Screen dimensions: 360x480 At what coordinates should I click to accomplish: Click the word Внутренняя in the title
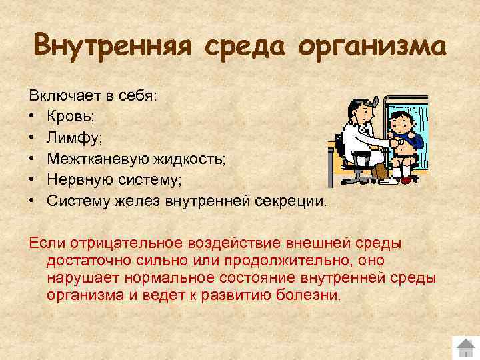[111, 47]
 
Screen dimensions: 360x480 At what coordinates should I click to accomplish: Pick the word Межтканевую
[93, 159]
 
